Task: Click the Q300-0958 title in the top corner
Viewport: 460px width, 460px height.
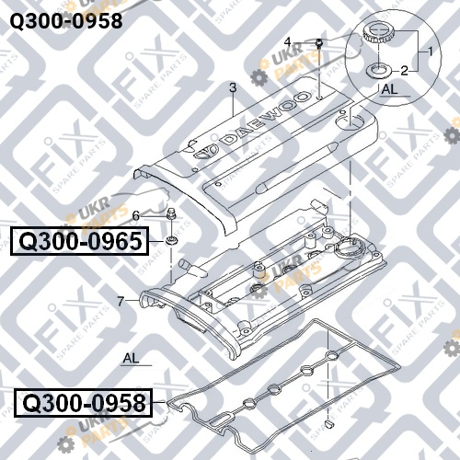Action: point(66,21)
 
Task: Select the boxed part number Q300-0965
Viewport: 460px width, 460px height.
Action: point(80,241)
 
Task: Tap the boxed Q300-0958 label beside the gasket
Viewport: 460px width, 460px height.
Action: point(84,403)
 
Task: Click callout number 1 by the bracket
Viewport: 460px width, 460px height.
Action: point(431,52)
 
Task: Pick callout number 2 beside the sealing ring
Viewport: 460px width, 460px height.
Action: point(405,71)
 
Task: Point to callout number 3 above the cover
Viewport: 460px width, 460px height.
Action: point(233,87)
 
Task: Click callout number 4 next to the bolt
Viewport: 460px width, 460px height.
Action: point(287,41)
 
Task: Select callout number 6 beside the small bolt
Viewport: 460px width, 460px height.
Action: point(135,215)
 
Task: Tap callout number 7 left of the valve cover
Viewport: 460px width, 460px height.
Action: point(121,301)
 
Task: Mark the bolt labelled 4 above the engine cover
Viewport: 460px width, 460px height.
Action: point(319,45)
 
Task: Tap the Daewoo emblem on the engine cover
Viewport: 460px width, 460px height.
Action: point(204,152)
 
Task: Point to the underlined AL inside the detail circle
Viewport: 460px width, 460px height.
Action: point(389,89)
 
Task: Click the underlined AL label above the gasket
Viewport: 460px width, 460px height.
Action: point(132,358)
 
